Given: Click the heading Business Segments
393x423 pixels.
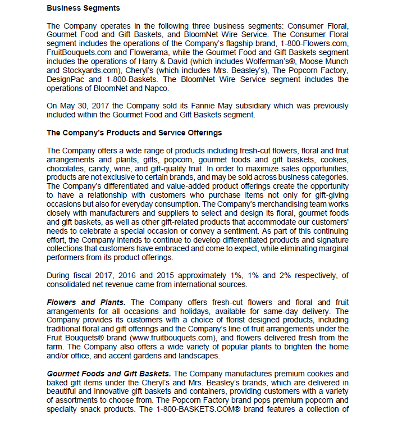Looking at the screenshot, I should [x=83, y=8].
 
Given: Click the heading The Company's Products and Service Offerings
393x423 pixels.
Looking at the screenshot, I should [x=134, y=133].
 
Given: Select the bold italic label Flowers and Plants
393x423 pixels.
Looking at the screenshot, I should [x=86, y=303].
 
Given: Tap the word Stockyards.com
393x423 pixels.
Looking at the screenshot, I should [x=91, y=71].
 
